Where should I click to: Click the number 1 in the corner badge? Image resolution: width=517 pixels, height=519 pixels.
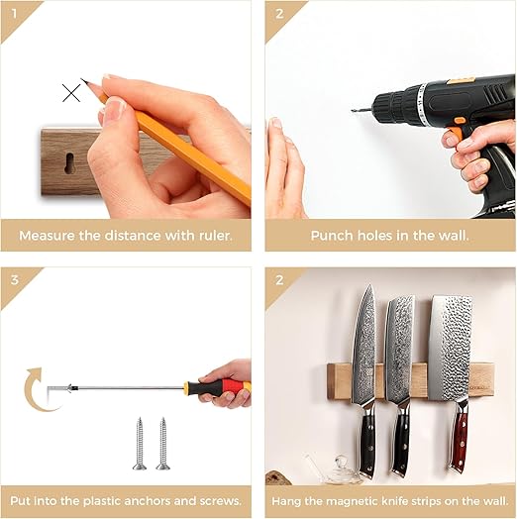[x=14, y=14]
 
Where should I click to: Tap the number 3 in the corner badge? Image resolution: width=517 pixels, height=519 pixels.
[x=15, y=280]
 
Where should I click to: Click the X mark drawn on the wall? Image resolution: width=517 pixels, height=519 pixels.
[x=71, y=93]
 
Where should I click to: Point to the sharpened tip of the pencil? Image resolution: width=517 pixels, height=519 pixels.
[x=82, y=79]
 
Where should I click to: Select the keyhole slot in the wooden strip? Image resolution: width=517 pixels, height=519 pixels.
[x=70, y=162]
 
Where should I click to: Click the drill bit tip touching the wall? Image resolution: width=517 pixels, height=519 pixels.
[x=353, y=110]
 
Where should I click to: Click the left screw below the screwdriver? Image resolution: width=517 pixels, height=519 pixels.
[x=140, y=444]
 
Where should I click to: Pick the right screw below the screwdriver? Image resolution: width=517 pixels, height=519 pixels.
[x=162, y=444]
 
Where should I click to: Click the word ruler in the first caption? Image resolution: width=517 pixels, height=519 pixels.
[x=215, y=236]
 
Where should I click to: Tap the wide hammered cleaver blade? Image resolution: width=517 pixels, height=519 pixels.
[x=450, y=348]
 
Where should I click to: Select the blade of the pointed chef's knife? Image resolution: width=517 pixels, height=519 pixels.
[x=364, y=345]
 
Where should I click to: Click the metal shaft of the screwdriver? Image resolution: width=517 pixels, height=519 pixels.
[x=128, y=387]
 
